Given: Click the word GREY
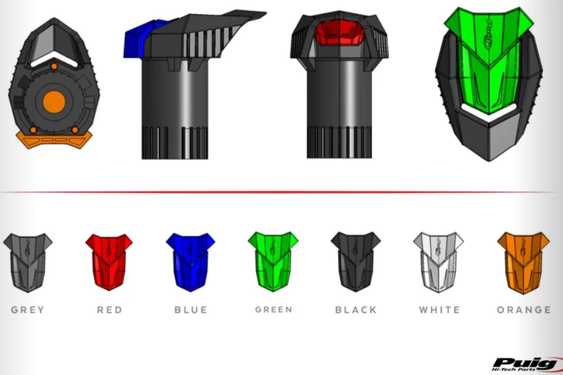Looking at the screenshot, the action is [28, 310].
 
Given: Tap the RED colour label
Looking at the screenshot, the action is [110, 310].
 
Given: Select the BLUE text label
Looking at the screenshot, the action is [191, 310].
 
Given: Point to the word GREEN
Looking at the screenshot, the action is [273, 309].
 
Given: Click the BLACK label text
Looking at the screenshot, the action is [356, 310].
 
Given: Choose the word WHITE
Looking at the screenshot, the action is [439, 310].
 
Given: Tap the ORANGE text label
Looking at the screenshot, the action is [524, 310].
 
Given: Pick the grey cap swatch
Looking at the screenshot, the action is [28, 263].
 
